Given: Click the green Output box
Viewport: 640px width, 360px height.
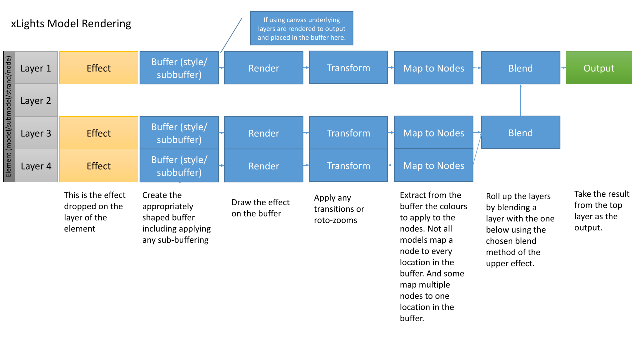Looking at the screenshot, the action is [599, 68].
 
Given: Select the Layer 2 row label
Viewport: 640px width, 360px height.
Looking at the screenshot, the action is [36, 100].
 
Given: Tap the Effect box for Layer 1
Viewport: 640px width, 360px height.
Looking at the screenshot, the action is [99, 68].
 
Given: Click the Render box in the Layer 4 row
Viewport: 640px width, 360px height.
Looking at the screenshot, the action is [263, 165].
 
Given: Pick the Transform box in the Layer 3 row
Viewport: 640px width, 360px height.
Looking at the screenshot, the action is [348, 133].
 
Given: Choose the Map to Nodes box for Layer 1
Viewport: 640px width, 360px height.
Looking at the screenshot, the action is [433, 68].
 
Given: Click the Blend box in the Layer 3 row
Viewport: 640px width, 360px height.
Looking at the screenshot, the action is [521, 132].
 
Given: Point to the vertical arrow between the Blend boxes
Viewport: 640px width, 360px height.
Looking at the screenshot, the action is [521, 100].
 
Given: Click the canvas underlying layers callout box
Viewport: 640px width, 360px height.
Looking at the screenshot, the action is [301, 28].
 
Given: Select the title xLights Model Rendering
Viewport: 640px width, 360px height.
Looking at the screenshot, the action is [71, 23].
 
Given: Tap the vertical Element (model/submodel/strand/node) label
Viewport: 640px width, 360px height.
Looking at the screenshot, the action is [9, 116].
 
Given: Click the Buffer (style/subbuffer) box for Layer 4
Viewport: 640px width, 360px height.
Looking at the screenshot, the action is [179, 165].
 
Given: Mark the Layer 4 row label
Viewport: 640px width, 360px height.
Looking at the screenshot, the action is [36, 166].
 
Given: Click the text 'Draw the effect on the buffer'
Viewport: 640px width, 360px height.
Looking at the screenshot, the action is [260, 208].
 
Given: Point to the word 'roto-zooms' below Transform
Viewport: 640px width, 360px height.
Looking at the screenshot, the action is [335, 220].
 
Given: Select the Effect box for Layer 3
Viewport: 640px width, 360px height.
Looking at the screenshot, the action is [99, 133].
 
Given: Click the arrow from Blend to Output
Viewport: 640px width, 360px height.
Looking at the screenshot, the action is [563, 68].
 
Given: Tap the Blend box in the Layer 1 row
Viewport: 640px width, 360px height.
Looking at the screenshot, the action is [521, 68].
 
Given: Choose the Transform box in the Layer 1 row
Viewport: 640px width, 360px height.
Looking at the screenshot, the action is [348, 67].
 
